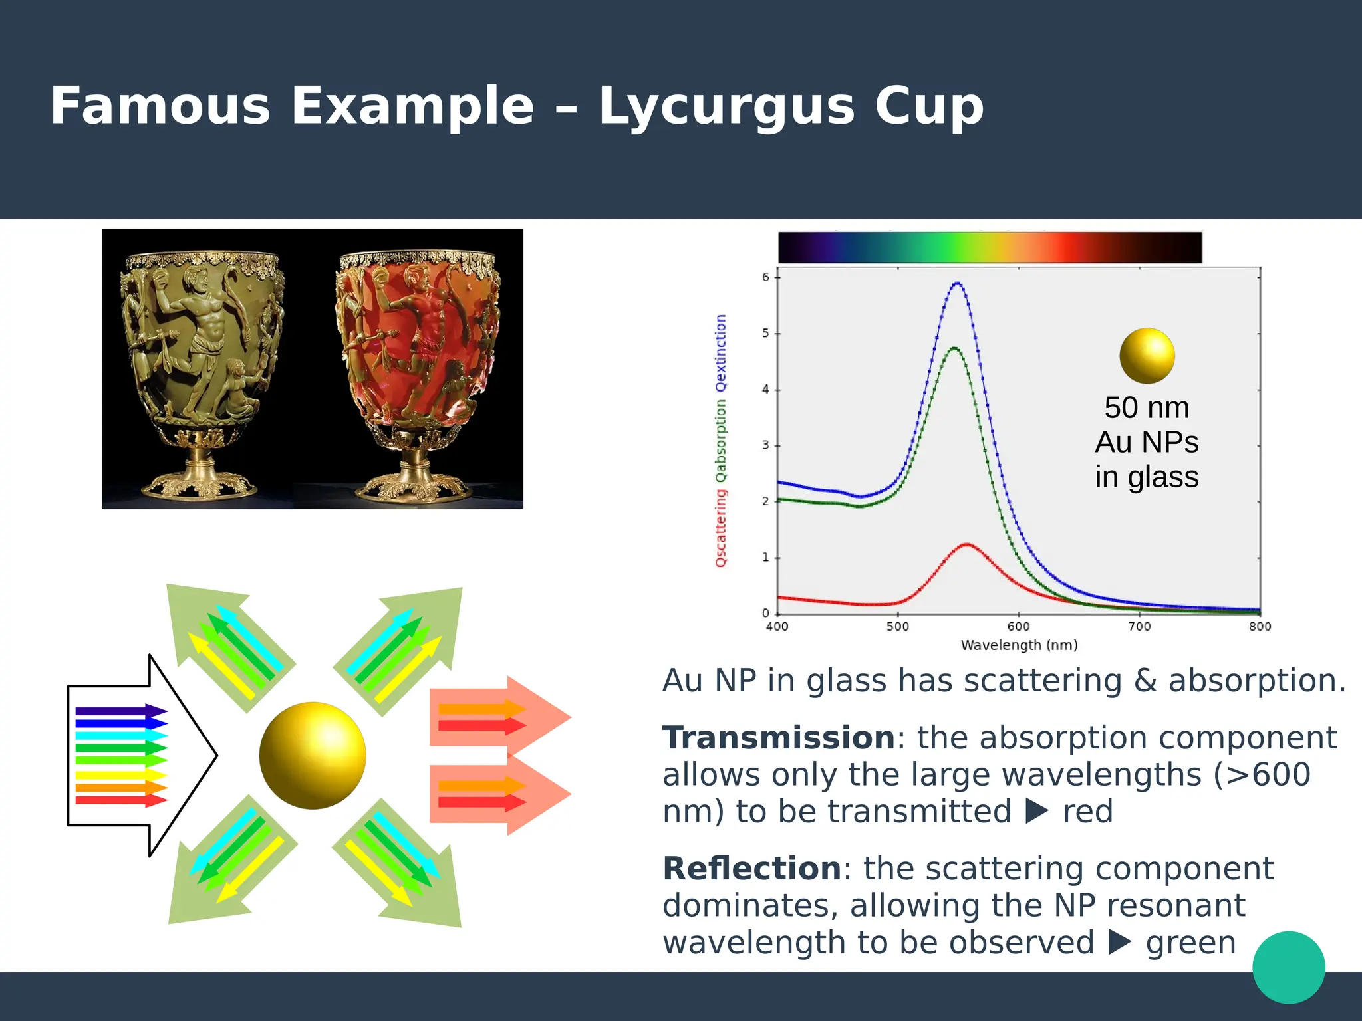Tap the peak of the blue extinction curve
pos(957,284)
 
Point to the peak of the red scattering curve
pos(966,545)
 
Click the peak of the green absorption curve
pos(954,348)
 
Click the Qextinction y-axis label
pos(721,353)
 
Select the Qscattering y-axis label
pos(721,528)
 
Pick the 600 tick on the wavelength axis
pos(1018,626)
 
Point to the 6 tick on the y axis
pos(766,277)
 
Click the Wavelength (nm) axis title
pos(1019,645)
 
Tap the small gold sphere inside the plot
pos(1147,356)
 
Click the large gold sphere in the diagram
pos(313,756)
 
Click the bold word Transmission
pos(778,738)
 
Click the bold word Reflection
pos(751,869)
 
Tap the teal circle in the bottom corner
pos(1288,967)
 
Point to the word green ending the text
pos(1190,943)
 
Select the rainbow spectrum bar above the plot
pos(990,247)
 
